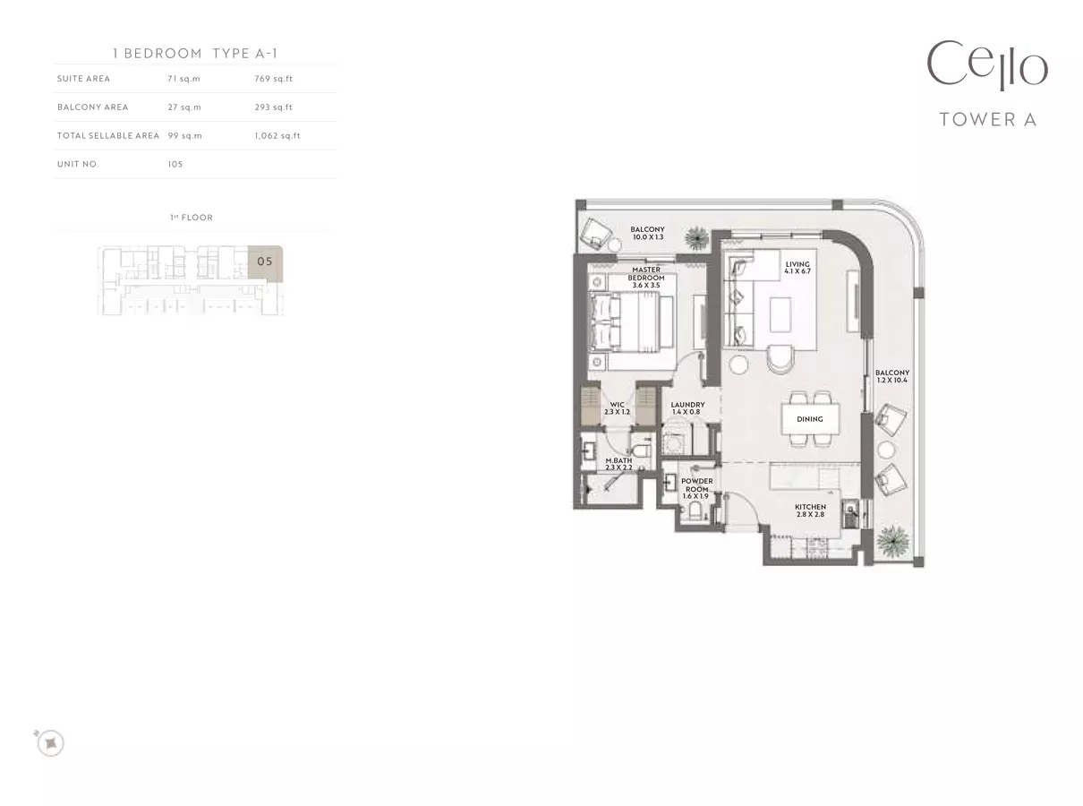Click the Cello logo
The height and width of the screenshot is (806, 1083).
(x=987, y=65)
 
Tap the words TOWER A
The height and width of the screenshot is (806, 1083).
(x=988, y=120)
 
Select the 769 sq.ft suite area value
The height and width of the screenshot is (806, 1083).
(x=274, y=79)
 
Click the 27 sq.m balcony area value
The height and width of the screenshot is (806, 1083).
(x=184, y=107)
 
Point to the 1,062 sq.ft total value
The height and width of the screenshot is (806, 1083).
(x=277, y=136)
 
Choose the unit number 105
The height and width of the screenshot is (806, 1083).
(x=175, y=164)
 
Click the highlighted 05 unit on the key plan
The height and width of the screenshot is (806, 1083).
(x=265, y=262)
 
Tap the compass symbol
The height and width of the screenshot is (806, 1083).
(x=50, y=742)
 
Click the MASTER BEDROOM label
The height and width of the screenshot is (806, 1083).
(x=646, y=277)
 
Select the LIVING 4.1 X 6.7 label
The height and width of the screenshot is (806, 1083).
(x=797, y=268)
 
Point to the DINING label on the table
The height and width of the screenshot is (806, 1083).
(x=809, y=419)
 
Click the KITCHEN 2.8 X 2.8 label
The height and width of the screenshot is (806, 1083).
(x=810, y=510)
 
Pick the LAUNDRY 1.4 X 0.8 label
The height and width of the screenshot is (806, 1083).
(x=687, y=408)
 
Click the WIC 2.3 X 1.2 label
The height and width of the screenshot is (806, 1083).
(x=617, y=408)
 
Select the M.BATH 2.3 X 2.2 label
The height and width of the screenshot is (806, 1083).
(x=618, y=464)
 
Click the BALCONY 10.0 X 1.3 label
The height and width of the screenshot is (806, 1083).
(x=647, y=233)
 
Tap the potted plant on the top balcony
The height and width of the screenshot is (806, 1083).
(x=696, y=238)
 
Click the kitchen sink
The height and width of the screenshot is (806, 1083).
(x=850, y=513)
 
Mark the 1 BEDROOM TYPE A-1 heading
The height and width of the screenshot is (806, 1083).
(x=195, y=53)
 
